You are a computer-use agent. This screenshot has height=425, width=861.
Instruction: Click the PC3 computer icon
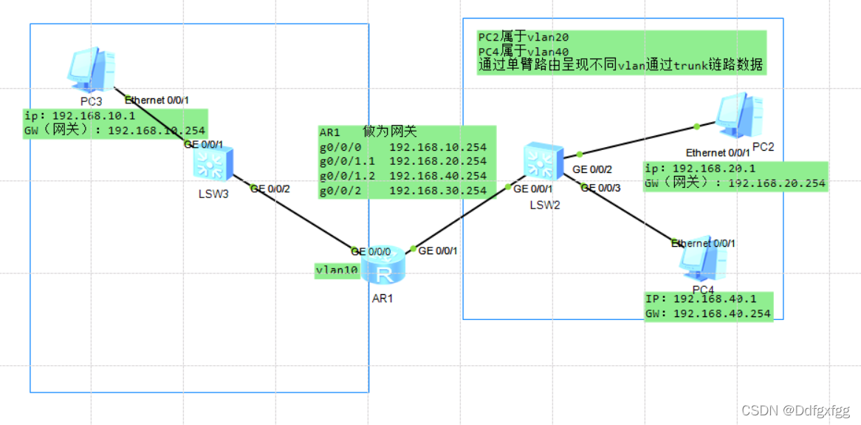point(92,71)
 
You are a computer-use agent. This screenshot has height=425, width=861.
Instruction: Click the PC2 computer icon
point(738,117)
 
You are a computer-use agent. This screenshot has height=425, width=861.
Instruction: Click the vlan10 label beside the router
point(337,271)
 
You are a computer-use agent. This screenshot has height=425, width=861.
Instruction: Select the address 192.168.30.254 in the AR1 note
point(438,191)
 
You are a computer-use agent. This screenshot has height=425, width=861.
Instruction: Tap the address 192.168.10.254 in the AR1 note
point(438,146)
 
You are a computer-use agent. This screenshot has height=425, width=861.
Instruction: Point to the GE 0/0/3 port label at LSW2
point(600,188)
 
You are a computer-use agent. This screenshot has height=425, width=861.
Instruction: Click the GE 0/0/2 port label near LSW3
point(270,189)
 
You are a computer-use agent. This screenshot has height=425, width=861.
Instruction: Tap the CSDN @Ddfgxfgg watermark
point(795,410)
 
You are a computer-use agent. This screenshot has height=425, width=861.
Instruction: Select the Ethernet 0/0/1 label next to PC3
point(157,101)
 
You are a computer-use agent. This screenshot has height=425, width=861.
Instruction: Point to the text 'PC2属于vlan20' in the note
point(524,37)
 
